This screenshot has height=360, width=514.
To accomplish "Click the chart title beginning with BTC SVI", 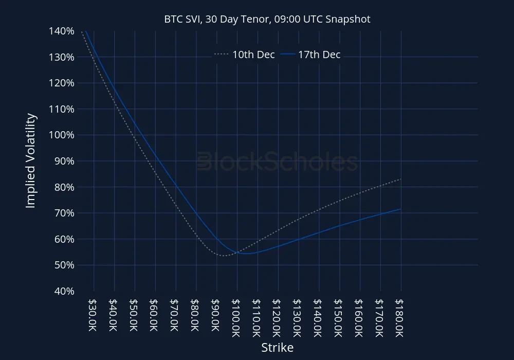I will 267,19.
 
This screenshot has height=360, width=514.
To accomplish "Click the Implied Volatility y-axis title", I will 31,161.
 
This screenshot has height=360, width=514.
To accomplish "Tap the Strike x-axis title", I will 278,348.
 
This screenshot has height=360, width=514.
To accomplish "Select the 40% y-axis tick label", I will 65,291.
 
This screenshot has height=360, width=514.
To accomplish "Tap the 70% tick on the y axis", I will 65,213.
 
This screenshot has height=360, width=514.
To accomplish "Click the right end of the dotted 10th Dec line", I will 400,179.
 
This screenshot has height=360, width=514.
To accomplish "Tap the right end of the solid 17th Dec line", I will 400,209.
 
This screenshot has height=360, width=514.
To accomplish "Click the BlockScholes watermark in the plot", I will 278,161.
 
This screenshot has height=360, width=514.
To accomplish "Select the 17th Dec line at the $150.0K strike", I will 339,226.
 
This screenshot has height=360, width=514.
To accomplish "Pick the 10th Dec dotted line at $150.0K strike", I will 339,201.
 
